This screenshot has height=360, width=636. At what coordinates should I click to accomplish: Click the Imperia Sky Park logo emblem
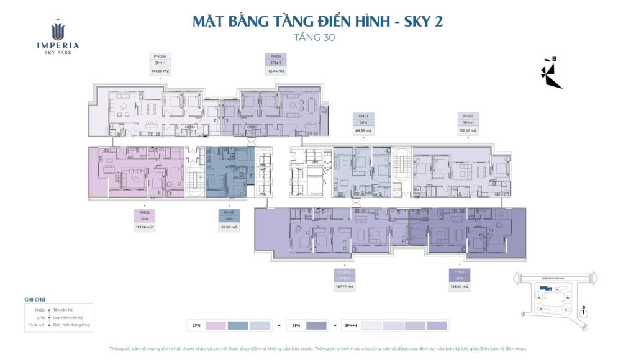[57, 29]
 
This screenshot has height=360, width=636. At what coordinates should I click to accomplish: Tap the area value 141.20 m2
[160, 71]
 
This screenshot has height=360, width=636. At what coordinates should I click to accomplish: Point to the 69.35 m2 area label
[363, 131]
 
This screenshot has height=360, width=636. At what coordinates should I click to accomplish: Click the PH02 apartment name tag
[468, 116]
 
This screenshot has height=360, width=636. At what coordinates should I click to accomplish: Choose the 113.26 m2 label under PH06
[144, 227]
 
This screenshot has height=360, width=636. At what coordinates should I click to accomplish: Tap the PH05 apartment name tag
[229, 212]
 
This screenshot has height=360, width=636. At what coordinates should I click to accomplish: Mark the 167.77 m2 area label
[345, 287]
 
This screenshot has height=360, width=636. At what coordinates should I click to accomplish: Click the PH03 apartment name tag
[460, 272]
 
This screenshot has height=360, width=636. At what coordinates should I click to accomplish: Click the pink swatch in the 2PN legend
[216, 325]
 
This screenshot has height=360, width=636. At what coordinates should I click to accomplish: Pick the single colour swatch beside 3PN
[316, 325]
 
